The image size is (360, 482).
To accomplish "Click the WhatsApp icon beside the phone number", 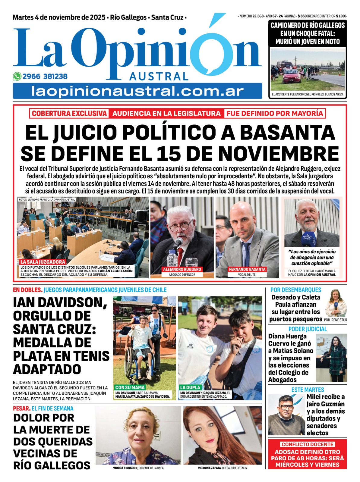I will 17,77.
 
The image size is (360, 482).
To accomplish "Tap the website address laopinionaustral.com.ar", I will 137,91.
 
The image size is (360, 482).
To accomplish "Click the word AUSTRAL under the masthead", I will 159,77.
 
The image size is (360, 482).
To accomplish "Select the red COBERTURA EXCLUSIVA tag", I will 69,114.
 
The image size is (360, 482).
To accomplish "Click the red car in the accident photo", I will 291,76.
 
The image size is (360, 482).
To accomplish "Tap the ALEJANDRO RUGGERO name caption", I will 182,269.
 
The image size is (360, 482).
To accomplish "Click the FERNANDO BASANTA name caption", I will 247,269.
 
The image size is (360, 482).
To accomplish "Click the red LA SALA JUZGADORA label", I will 43,262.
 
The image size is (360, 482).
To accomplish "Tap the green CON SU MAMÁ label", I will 130,387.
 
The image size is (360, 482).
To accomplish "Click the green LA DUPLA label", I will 190,387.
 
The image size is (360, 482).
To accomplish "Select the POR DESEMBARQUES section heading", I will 295,290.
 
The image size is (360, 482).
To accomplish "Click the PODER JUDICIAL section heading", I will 307,329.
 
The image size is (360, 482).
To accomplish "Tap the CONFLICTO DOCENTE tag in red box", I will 307,444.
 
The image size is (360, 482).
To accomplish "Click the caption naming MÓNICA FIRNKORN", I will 138,468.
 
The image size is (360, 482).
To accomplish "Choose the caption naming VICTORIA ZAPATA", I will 223,468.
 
